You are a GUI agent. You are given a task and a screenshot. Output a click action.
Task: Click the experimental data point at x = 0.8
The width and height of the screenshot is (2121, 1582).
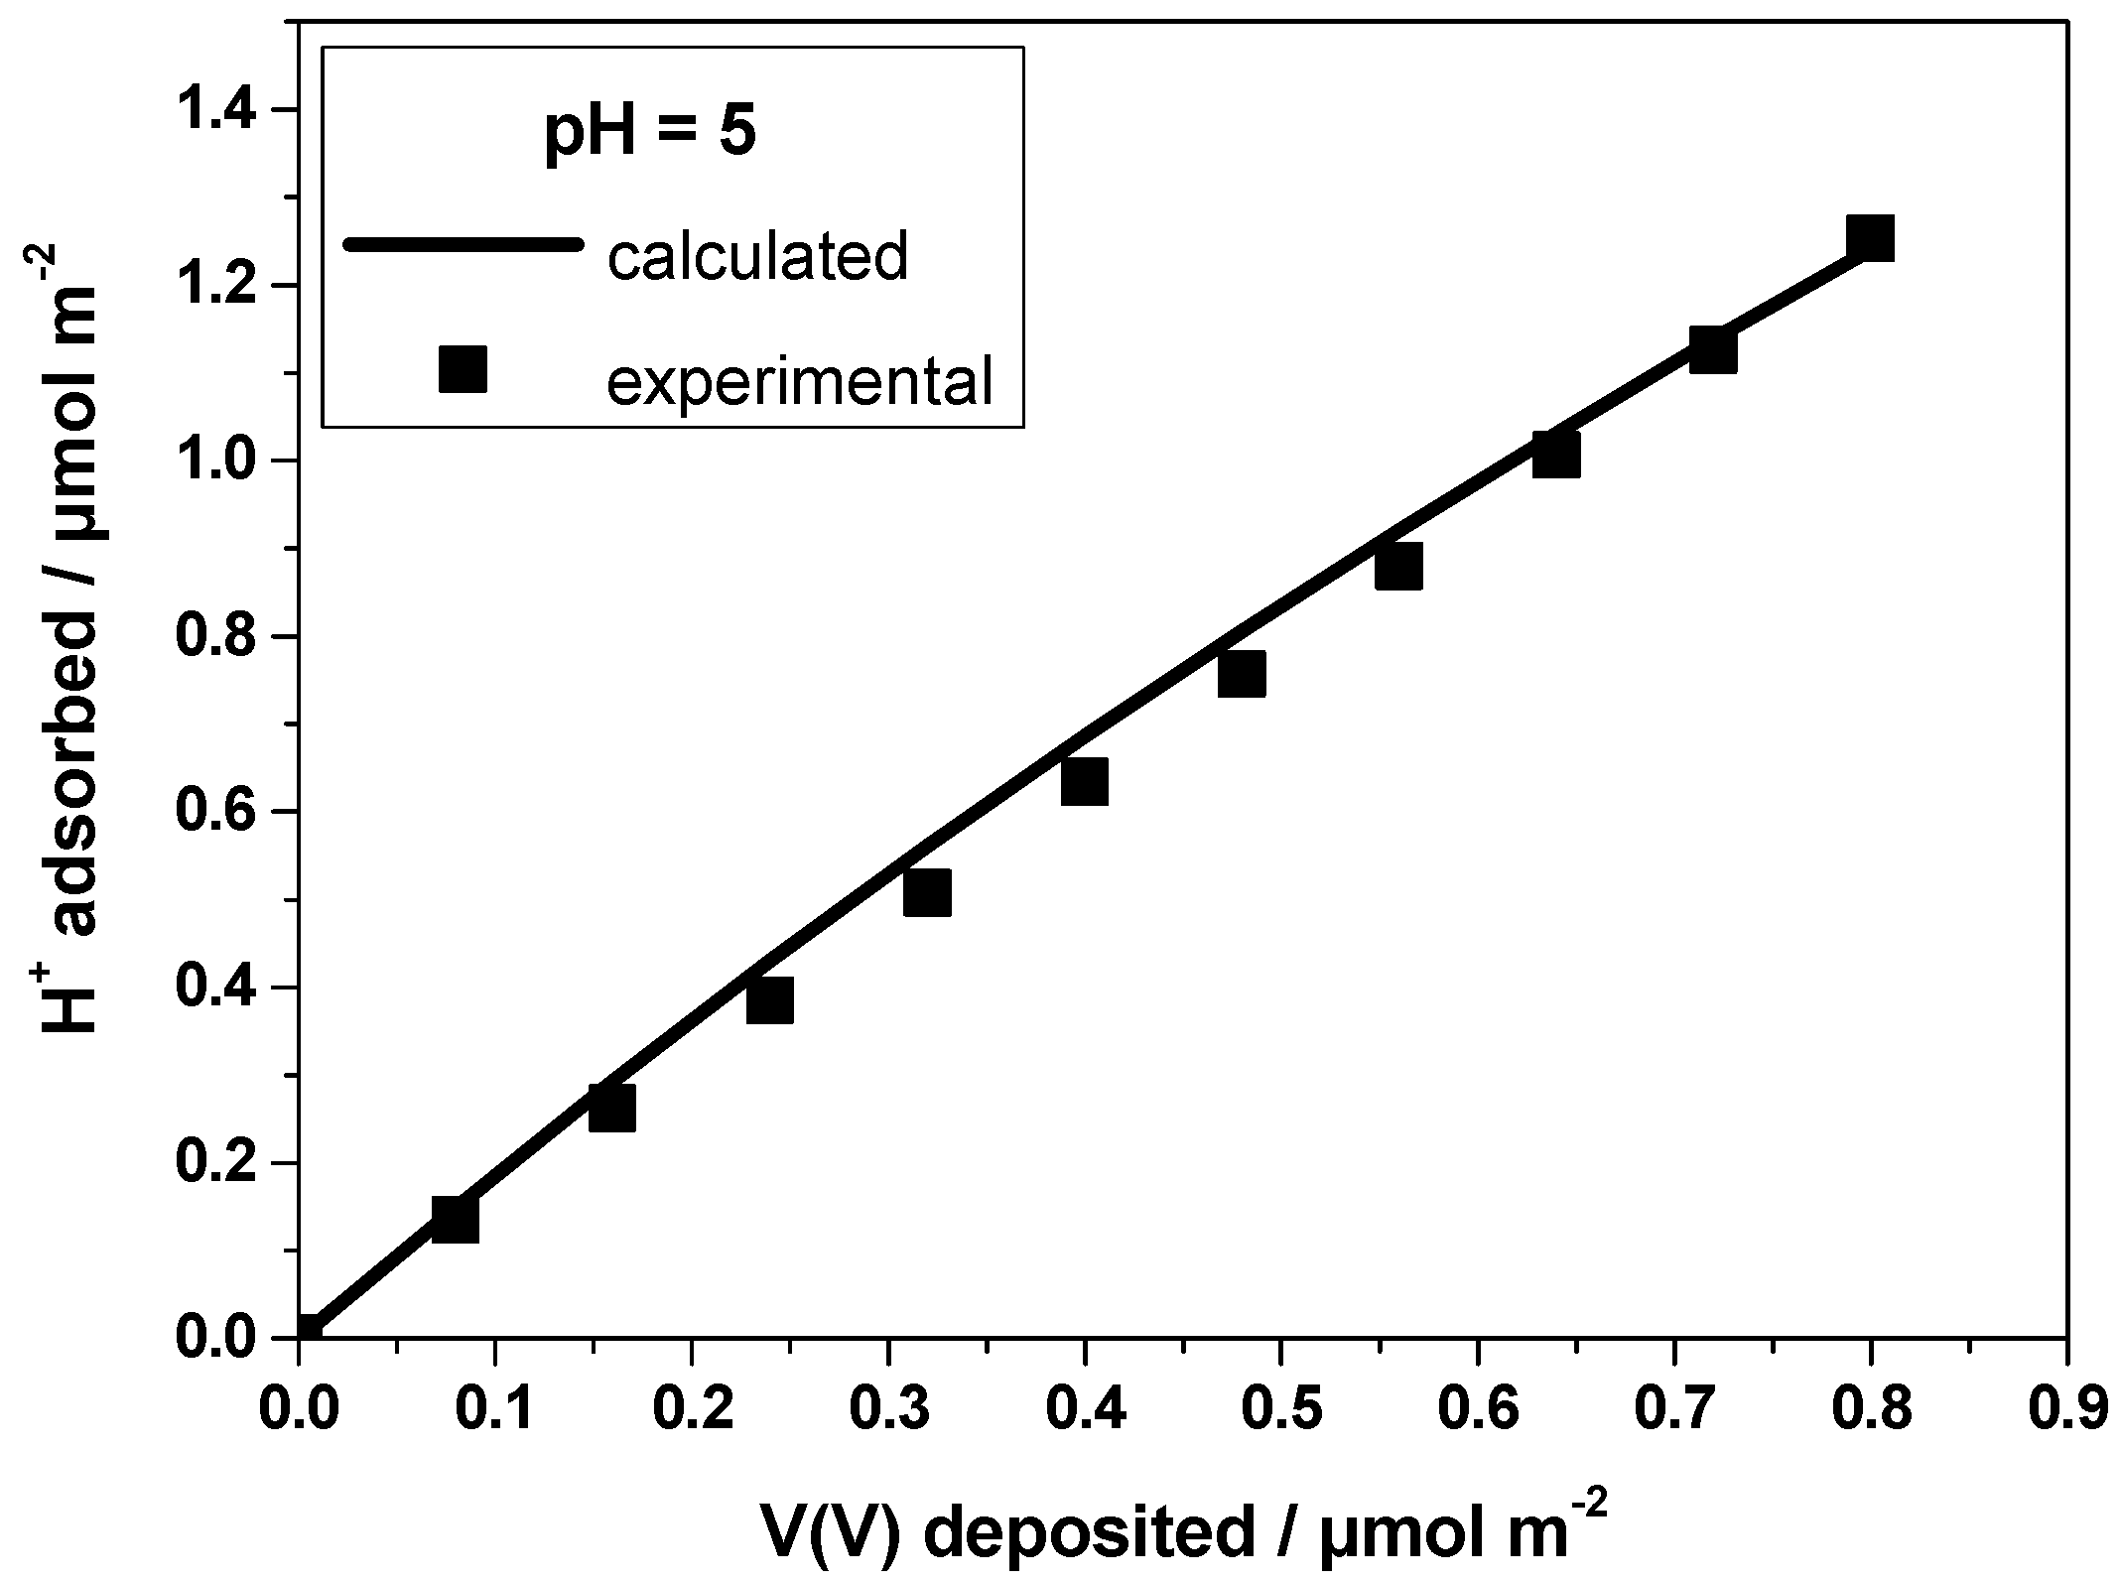(1870, 237)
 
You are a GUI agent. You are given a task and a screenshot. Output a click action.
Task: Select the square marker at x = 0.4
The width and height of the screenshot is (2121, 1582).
(1084, 781)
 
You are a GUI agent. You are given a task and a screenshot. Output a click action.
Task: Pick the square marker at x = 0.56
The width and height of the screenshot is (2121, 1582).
(1398, 566)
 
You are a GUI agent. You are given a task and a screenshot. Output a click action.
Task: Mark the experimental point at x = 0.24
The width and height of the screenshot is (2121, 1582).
(770, 999)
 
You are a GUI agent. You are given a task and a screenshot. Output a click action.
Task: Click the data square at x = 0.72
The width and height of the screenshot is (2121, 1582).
(1712, 350)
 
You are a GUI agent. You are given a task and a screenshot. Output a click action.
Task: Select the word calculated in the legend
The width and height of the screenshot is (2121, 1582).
(758, 256)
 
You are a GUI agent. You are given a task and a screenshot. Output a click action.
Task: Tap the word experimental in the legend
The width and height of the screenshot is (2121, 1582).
(800, 381)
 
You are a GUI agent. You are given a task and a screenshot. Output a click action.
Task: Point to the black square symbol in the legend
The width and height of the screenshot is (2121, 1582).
(463, 369)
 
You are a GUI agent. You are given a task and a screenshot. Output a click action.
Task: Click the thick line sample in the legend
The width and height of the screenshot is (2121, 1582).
(461, 244)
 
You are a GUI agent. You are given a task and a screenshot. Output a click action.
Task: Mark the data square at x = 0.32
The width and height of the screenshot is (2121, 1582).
(927, 891)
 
